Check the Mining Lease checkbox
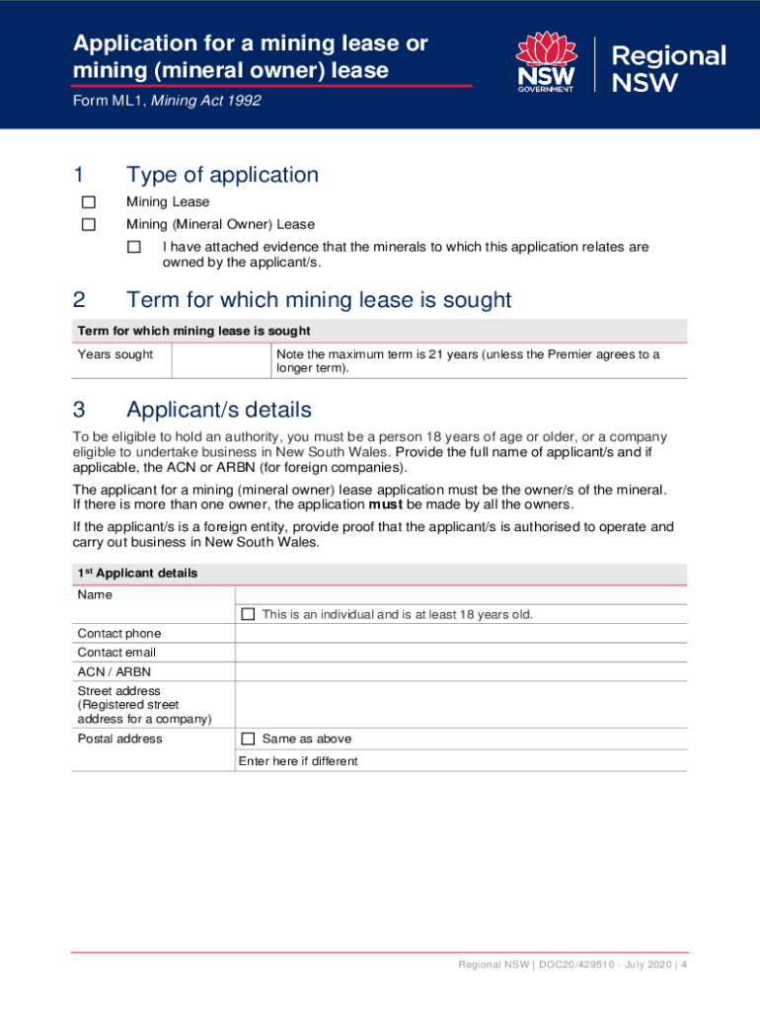click(x=88, y=202)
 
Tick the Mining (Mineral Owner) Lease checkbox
click(x=88, y=224)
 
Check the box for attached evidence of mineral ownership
click(x=134, y=247)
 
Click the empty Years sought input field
click(x=221, y=360)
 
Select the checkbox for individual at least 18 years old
click(x=248, y=614)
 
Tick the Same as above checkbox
click(x=248, y=739)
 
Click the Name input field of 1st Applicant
click(x=460, y=594)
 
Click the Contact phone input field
click(x=460, y=633)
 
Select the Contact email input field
click(x=460, y=652)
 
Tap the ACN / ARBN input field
click(x=460, y=671)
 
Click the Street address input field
click(x=460, y=704)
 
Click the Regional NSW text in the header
click(x=668, y=67)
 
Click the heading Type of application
click(x=222, y=175)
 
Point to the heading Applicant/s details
click(x=219, y=410)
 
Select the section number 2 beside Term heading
click(x=79, y=300)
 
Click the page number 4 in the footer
click(x=683, y=964)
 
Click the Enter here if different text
click(x=298, y=761)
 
